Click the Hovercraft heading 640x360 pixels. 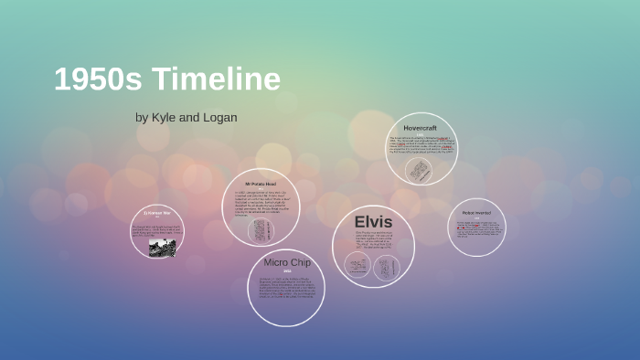pyautogui.click(x=420, y=127)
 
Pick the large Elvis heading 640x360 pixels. pyautogui.click(x=373, y=222)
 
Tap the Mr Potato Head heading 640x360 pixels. pyautogui.click(x=260, y=185)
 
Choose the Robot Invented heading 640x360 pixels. pyautogui.click(x=477, y=213)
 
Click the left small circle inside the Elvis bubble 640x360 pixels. pyautogui.click(x=357, y=265)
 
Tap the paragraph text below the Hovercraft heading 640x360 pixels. pyautogui.click(x=421, y=145)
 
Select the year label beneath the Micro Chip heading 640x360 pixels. pyautogui.click(x=286, y=271)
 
